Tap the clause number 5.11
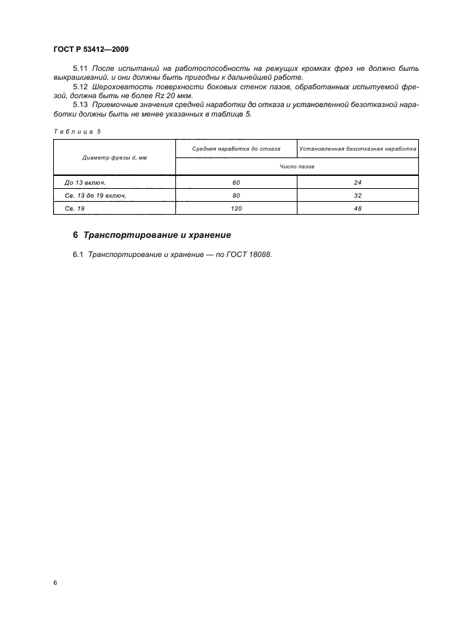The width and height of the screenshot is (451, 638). [80, 69]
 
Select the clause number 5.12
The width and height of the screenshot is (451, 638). [80, 87]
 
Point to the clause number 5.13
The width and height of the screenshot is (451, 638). [80, 105]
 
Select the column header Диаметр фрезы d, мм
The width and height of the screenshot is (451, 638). [115, 157]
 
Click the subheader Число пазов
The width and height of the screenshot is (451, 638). [297, 166]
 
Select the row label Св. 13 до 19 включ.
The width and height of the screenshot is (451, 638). [96, 195]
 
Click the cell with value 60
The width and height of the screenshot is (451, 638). [236, 183]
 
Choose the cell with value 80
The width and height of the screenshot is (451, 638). [236, 195]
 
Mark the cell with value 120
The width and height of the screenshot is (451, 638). [236, 208]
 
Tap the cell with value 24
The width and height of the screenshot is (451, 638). [358, 183]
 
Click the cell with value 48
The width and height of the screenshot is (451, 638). [358, 208]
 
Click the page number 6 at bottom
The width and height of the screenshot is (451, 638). [55, 583]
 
